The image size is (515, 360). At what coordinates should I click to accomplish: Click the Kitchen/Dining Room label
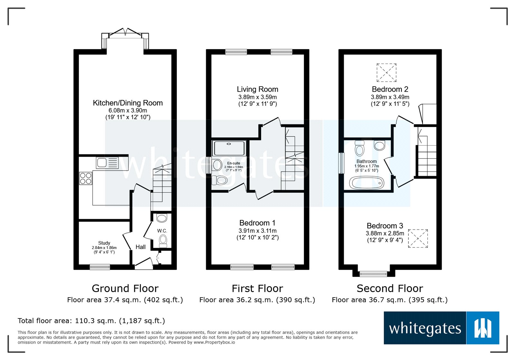coord(128,103)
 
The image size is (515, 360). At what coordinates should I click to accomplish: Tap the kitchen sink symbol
coord(107,163)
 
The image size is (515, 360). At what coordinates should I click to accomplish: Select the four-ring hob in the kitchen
coord(86,178)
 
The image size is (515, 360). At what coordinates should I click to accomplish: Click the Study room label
coord(104,243)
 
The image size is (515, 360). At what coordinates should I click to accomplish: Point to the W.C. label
coord(162,231)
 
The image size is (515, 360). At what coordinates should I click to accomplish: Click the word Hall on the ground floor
coord(140,247)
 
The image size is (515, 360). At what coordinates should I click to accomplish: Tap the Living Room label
coord(257,89)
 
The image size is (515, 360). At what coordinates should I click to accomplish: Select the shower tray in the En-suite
coord(229,148)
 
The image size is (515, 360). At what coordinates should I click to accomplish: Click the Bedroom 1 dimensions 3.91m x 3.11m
coord(257,231)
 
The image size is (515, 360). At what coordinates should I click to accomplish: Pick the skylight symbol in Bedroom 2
coord(386,73)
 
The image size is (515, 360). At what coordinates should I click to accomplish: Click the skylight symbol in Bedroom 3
coord(418,238)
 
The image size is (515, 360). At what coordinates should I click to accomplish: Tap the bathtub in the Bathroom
coord(367,184)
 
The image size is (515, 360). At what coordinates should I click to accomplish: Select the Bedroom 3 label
coord(385,226)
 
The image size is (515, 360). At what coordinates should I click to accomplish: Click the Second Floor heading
coord(389,288)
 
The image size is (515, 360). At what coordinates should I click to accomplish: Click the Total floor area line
coord(91,321)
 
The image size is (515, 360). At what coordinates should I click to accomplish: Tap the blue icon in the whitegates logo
coord(482,328)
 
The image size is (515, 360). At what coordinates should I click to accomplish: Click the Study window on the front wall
coord(100,267)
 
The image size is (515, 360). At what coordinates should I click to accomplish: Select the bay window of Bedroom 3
coord(373,274)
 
